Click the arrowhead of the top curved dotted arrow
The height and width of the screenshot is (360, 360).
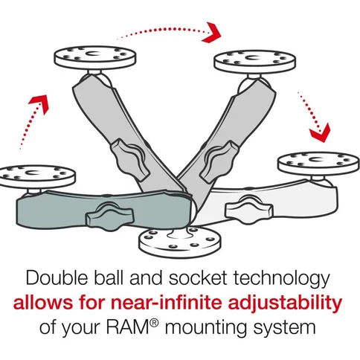(x=214, y=31)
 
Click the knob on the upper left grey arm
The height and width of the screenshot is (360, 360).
(x=126, y=154)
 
